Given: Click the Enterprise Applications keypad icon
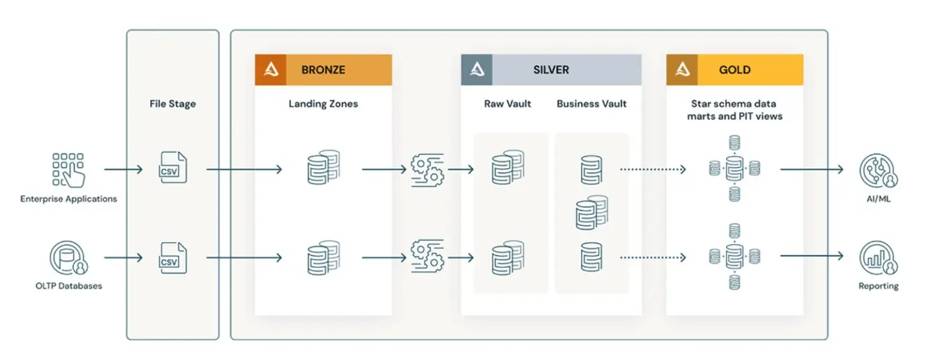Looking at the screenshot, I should [68, 170].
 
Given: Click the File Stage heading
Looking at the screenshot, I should [172, 104].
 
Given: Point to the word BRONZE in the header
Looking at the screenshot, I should [323, 70].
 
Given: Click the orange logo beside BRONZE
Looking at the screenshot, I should [270, 70].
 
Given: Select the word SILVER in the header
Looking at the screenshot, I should [551, 70].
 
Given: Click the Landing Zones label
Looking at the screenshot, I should [323, 104].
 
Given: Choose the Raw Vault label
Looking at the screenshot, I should [507, 104].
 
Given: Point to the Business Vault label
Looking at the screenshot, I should [591, 104].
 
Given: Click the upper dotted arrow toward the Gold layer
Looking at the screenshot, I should [653, 170].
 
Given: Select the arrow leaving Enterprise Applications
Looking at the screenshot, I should [124, 170].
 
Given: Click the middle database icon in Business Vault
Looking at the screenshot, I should [591, 213].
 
